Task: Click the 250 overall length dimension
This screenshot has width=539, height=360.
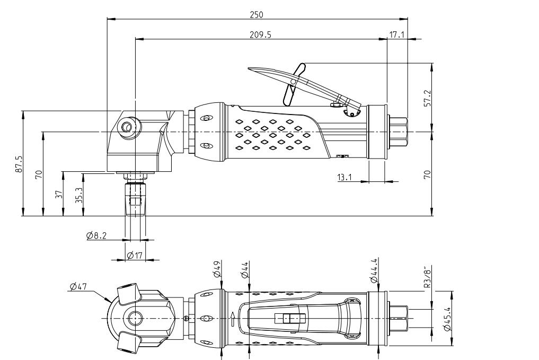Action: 257,14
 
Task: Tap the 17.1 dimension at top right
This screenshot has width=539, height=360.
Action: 397,34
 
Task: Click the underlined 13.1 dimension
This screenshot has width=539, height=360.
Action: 345,177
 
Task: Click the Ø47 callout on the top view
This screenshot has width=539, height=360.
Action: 78,287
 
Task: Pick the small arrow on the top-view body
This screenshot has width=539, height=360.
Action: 233,318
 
